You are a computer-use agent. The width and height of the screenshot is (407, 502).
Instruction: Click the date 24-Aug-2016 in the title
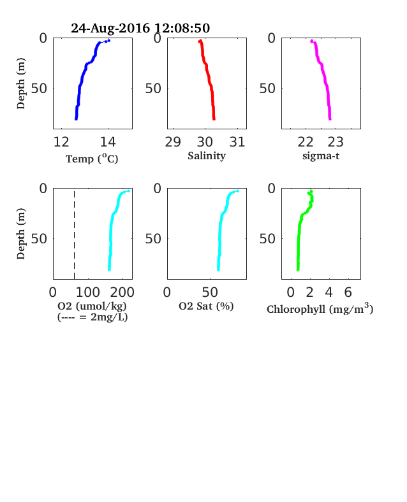point(110,28)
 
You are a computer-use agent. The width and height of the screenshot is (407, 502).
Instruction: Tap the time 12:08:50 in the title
point(182,28)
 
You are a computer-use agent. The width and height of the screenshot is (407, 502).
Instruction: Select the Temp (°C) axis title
point(92,159)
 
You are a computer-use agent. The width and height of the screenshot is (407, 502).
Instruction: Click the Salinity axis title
point(207,156)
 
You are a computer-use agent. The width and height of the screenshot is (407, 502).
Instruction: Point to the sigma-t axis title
point(321,156)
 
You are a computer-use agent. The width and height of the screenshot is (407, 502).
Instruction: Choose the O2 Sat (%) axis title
point(206,306)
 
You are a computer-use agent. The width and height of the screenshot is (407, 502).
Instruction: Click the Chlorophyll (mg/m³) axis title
point(320,308)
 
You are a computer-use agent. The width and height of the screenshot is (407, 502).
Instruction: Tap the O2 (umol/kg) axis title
point(92,306)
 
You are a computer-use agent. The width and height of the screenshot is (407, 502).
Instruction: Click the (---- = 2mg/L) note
point(93,317)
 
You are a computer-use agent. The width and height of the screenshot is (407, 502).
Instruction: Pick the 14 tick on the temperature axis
point(108,142)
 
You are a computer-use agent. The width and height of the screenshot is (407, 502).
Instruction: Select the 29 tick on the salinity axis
point(173,142)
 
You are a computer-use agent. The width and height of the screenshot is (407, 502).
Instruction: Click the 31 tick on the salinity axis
point(237,142)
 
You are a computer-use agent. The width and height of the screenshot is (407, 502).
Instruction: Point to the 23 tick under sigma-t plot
point(336,142)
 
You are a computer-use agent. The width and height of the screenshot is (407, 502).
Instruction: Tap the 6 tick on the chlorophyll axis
point(348,292)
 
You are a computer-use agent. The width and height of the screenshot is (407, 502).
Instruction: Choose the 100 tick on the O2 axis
point(88,292)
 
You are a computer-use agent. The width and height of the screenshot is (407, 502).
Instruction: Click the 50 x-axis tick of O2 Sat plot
point(211,292)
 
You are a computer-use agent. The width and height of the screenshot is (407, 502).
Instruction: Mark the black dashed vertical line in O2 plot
point(75,235)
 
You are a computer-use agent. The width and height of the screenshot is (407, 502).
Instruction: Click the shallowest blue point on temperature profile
point(109,40)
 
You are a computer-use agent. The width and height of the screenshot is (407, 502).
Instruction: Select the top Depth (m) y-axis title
point(21,83)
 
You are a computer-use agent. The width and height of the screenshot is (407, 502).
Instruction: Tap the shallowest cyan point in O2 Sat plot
point(237,191)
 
